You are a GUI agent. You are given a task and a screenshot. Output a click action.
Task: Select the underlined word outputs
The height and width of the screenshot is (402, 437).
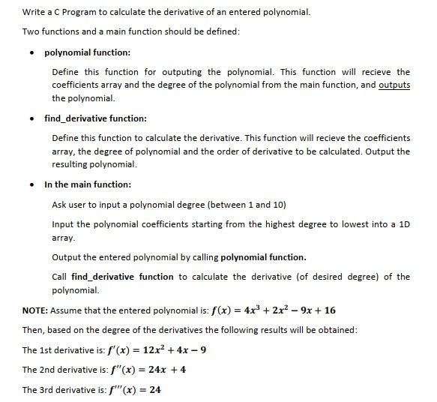[x=394, y=85]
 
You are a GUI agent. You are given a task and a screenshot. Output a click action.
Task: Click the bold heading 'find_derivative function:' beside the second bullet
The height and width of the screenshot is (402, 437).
[x=95, y=118]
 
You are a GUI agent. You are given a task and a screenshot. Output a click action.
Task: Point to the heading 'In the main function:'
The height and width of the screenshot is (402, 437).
[x=88, y=184]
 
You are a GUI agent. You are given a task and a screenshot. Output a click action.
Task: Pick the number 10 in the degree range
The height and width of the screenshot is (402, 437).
[x=279, y=205]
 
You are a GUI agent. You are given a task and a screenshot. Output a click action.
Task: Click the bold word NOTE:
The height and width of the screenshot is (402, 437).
[x=36, y=310]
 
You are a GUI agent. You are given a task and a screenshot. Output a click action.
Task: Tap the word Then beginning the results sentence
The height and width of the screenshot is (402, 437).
[x=34, y=331]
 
